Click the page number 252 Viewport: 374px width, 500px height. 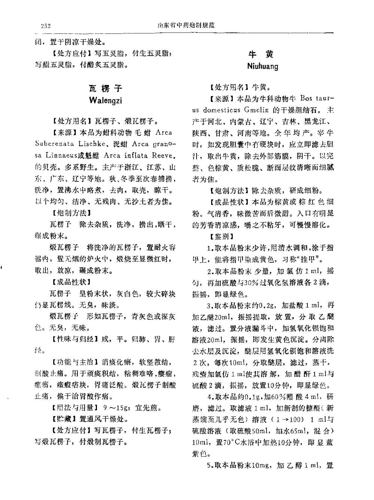[x=46, y=26]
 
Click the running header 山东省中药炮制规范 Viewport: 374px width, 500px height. [x=186, y=25]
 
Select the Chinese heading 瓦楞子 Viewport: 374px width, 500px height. [x=106, y=88]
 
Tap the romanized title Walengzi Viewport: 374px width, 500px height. [x=106, y=100]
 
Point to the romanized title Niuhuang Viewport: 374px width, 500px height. [x=262, y=67]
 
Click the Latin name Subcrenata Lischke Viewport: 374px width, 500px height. [x=71, y=144]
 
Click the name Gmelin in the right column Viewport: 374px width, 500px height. [x=256, y=110]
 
